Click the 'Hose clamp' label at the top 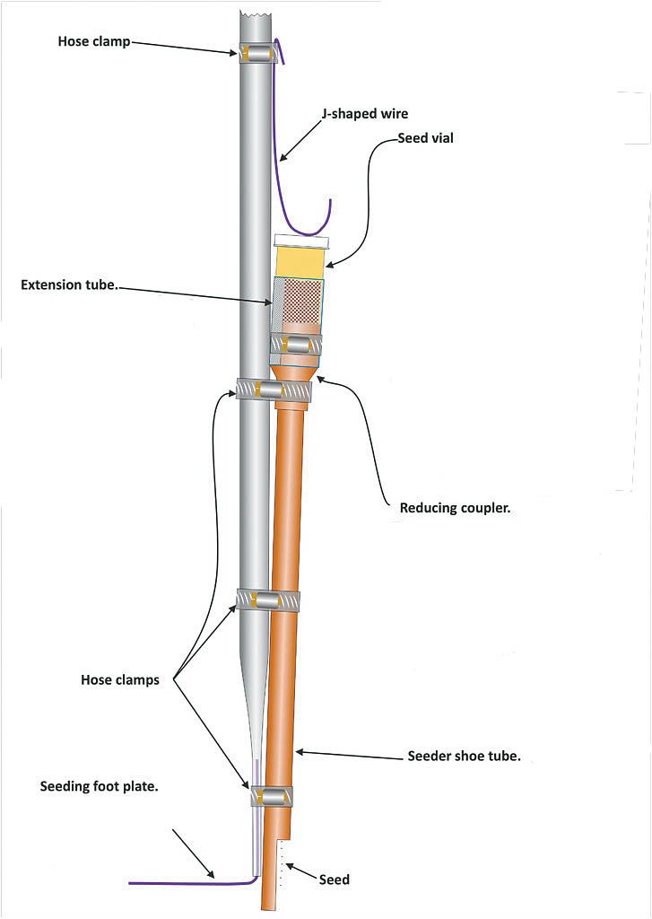(94, 41)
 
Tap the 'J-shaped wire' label (365, 114)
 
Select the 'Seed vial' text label (426, 139)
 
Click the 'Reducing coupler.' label (455, 508)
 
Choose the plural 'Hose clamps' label (119, 680)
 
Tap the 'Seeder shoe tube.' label (464, 757)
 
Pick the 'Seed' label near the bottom (334, 880)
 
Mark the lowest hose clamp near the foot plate (270, 795)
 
